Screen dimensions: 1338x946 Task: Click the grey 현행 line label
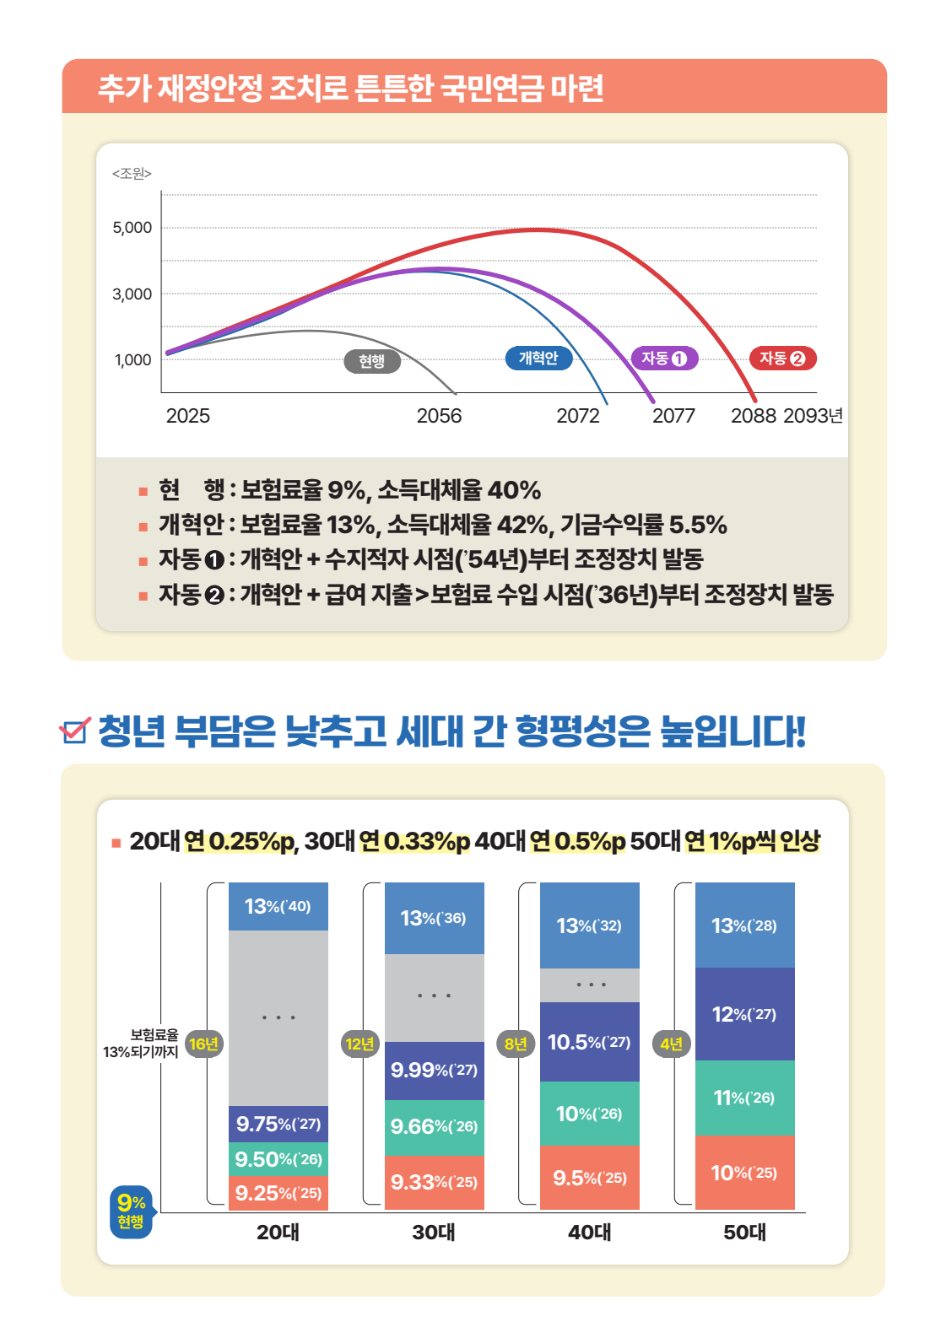(372, 361)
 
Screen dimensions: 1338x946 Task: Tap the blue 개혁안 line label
(538, 358)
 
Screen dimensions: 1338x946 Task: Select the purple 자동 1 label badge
(664, 358)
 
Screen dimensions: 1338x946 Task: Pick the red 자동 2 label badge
(782, 358)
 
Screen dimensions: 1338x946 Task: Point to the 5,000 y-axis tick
(132, 228)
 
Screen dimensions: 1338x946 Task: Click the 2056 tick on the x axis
(439, 416)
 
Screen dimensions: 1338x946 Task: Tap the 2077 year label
(673, 416)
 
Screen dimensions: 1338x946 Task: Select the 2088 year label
(753, 416)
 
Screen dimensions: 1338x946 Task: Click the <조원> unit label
(132, 173)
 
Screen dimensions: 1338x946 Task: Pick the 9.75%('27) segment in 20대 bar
(278, 1124)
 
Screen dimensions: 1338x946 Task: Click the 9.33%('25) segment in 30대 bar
(434, 1182)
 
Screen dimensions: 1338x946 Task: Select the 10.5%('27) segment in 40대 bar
(589, 1042)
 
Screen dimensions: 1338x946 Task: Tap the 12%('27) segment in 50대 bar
(744, 1014)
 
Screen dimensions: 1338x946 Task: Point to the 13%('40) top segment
(278, 906)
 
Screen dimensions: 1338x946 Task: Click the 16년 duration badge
(203, 1044)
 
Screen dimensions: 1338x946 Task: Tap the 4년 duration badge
(672, 1044)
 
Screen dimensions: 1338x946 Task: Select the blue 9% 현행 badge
(131, 1211)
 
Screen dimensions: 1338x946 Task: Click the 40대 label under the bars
(589, 1233)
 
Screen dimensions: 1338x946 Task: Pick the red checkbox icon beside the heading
(75, 730)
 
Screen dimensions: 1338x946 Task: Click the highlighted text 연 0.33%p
(414, 841)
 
